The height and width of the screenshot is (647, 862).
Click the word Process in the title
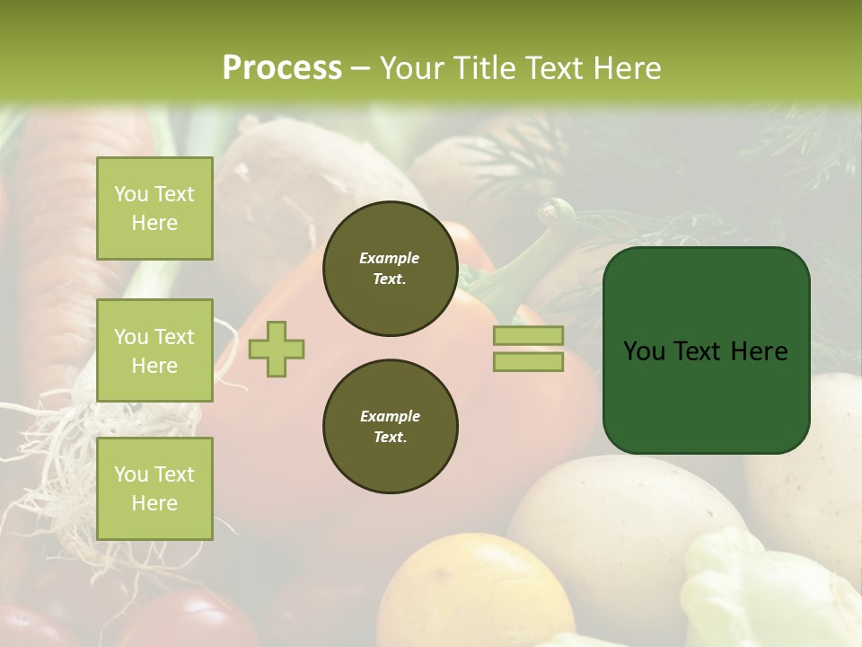(282, 67)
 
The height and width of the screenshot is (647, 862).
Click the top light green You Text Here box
(154, 208)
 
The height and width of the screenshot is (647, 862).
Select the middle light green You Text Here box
(154, 350)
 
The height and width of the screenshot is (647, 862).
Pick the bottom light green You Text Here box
(154, 489)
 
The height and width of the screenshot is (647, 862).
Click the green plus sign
(277, 349)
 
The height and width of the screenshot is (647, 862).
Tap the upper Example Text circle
(390, 269)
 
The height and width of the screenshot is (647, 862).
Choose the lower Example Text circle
(390, 427)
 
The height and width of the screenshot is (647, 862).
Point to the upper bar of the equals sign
(528, 335)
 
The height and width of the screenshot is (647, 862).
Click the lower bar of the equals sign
(528, 361)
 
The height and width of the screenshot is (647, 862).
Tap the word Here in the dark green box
(761, 351)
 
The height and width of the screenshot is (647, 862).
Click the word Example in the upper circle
(390, 258)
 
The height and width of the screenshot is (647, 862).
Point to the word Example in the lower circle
(390, 416)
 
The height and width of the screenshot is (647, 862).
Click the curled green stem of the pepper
(553, 225)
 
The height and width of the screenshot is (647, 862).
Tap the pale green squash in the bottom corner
(763, 593)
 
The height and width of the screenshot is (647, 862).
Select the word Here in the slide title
(628, 68)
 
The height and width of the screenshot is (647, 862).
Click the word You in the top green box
(131, 194)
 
